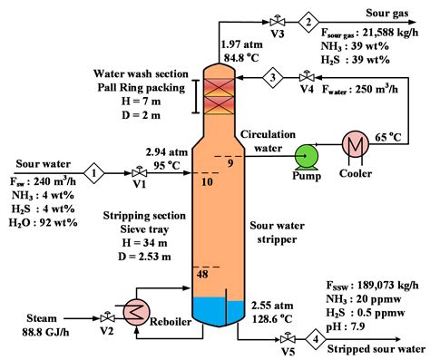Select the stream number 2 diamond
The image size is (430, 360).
[x=308, y=22]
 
